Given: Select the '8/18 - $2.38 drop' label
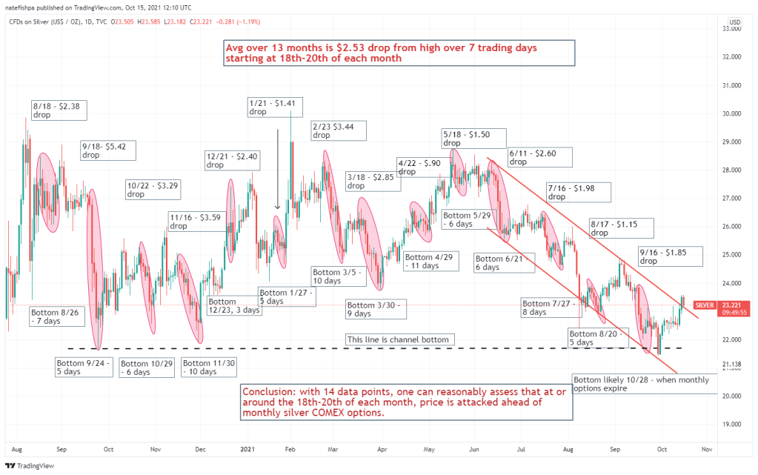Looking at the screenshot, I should point(59,110).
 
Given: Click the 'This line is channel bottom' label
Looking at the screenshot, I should point(398,340).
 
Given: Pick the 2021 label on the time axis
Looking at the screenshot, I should point(248,449).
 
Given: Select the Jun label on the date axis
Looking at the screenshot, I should point(473,449).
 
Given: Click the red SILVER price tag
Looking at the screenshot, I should point(704,305).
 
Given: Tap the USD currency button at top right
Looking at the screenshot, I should point(735,22).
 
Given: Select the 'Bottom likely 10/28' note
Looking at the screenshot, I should point(641,384).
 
